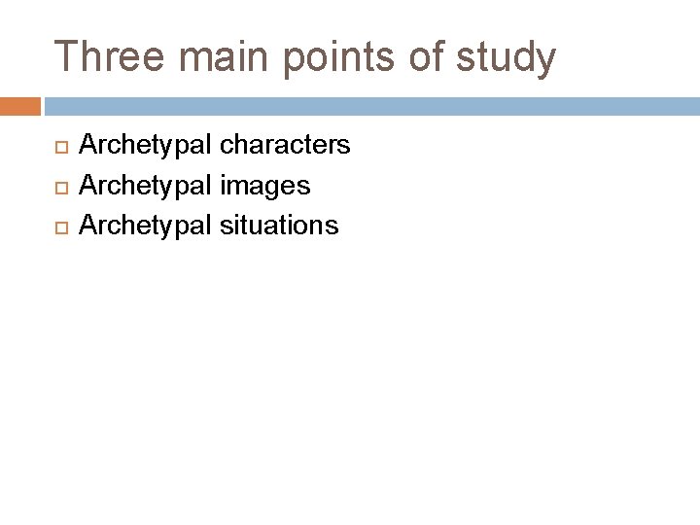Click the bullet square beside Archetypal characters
(57, 147)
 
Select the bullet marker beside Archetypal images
(57, 187)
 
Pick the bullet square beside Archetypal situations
(57, 227)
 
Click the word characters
(285, 146)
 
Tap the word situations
(279, 226)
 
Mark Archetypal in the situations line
(145, 227)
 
